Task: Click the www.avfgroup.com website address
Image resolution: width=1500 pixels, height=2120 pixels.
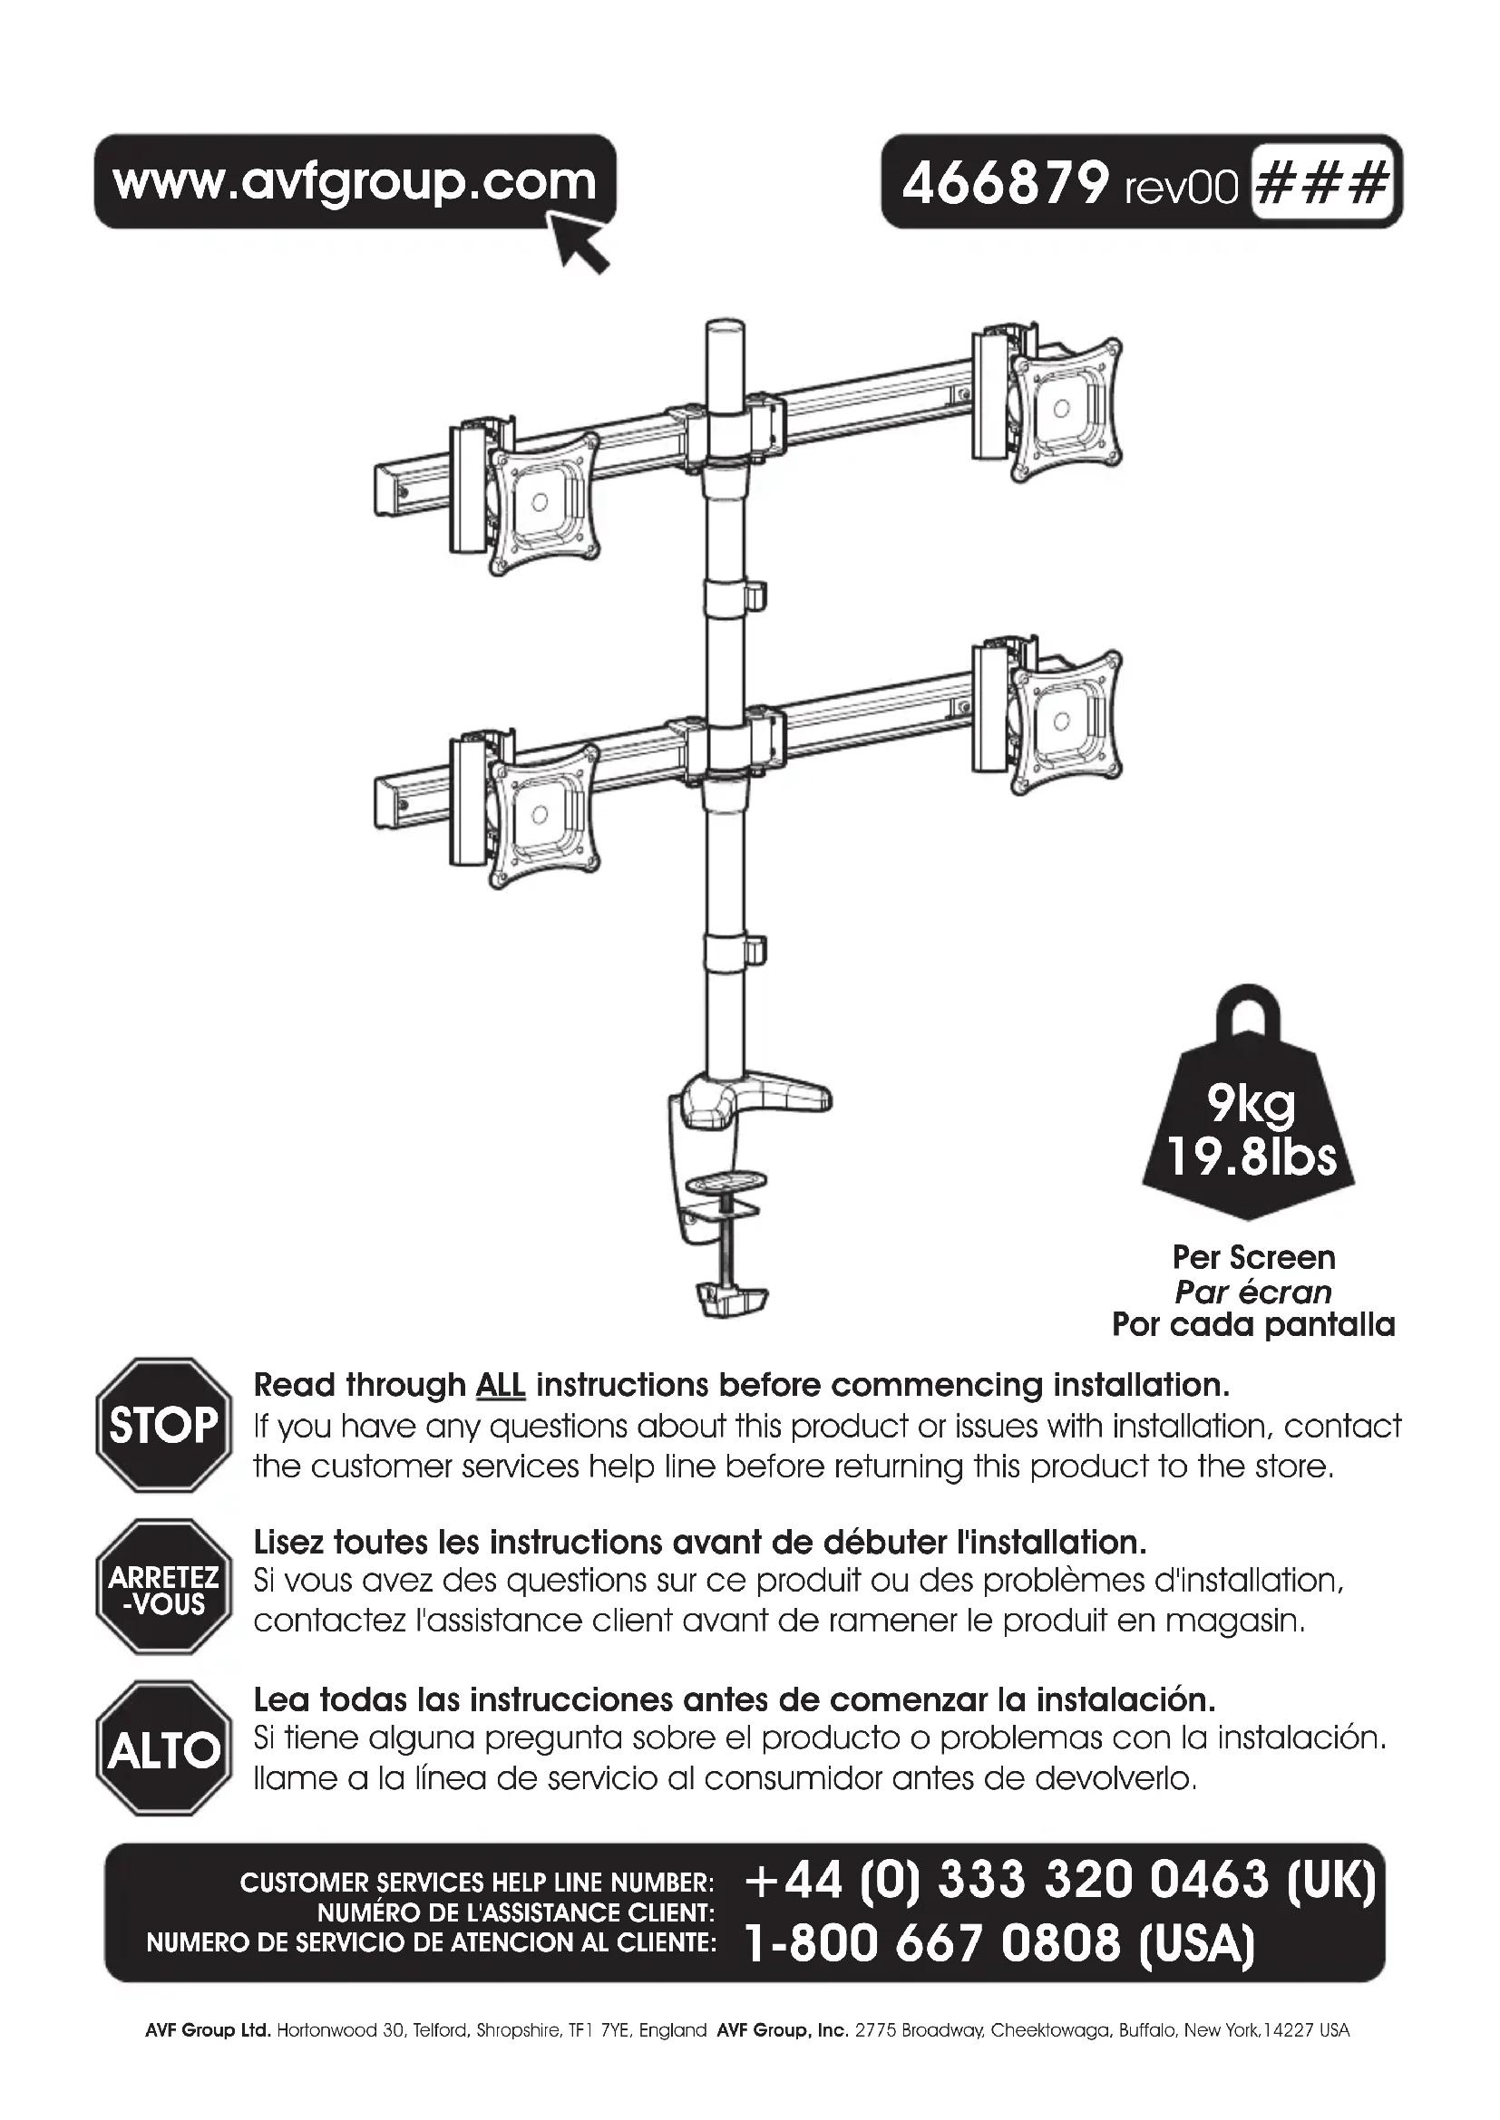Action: point(355,181)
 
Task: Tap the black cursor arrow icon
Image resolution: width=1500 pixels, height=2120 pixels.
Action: point(580,242)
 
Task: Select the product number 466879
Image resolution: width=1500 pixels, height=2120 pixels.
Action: point(1004,183)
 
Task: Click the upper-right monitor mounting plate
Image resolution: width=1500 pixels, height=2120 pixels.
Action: point(1065,408)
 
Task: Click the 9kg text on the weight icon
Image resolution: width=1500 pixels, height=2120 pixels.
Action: point(1251,1102)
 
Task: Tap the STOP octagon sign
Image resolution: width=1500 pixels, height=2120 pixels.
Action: point(163,1425)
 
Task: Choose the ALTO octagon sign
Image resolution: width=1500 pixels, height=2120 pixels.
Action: point(163,1747)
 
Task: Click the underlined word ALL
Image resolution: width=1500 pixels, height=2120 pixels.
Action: point(501,1386)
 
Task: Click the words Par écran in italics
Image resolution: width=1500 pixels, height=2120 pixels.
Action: point(1252,1292)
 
